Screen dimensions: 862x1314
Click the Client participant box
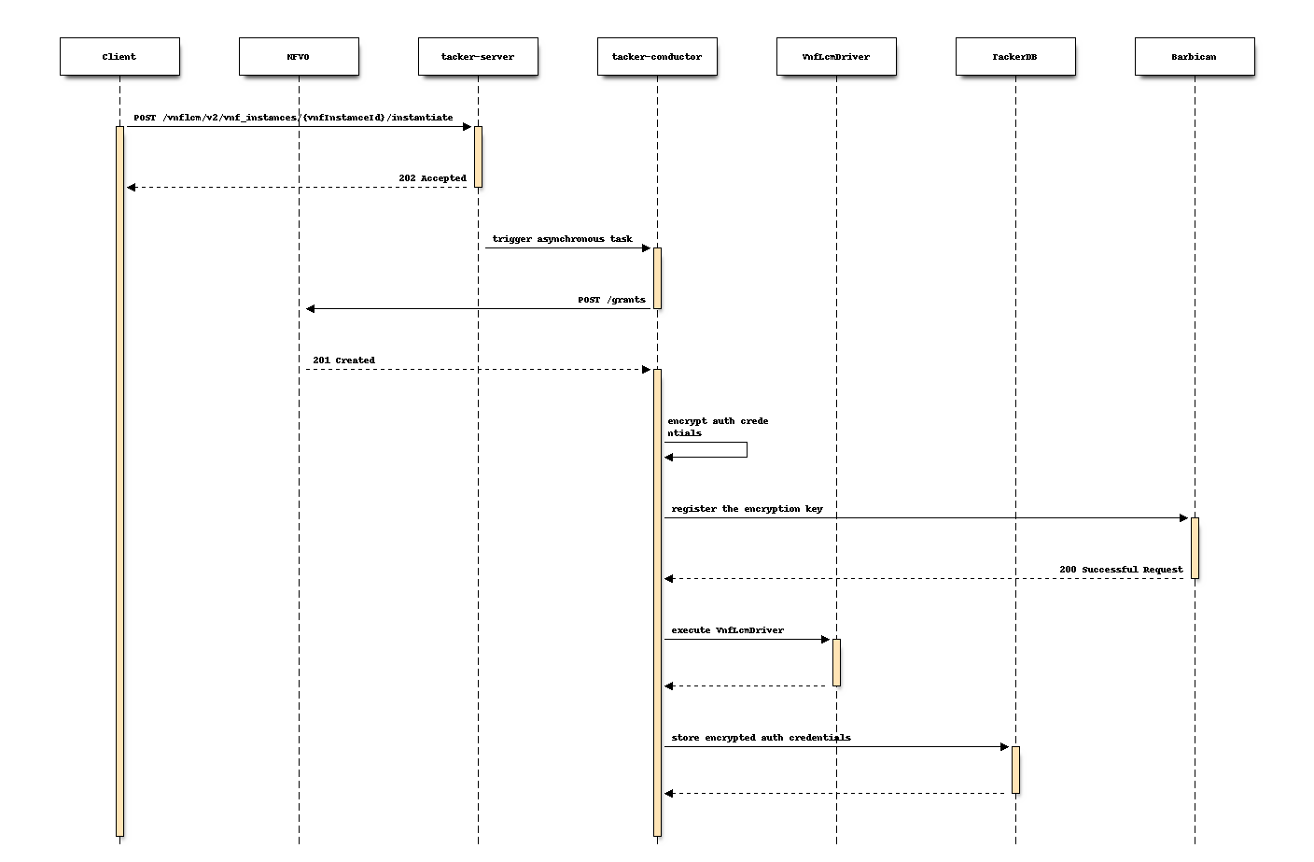pyautogui.click(x=119, y=56)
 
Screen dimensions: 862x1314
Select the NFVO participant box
pyautogui.click(x=299, y=56)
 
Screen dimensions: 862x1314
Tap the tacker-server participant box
pyautogui.click(x=478, y=56)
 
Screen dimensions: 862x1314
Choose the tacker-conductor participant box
pyautogui.click(x=657, y=56)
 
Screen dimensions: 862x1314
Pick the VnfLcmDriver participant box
pyautogui.click(x=836, y=56)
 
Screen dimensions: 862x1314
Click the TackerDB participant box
pyautogui.click(x=1015, y=56)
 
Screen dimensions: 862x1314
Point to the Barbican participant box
pyautogui.click(x=1195, y=56)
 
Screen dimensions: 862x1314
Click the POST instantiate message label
pyautogui.click(x=293, y=118)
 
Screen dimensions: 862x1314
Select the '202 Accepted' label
pyautogui.click(x=432, y=178)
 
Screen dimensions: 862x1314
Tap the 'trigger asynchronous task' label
pyautogui.click(x=562, y=239)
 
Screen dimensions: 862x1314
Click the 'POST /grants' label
pyautogui.click(x=611, y=300)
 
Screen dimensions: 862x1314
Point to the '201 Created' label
pyautogui.click(x=343, y=360)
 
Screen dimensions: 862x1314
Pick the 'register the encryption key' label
pyautogui.click(x=747, y=509)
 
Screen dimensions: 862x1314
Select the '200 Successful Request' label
pyautogui.click(x=1121, y=570)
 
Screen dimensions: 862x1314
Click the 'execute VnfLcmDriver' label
pyautogui.click(x=727, y=630)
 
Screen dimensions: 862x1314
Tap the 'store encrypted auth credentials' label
pyautogui.click(x=761, y=738)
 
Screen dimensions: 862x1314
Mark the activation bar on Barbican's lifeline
pyautogui.click(x=1195, y=548)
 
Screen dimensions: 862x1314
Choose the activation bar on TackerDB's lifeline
pyautogui.click(x=1015, y=770)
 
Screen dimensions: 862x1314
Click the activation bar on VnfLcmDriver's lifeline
pyautogui.click(x=836, y=662)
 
